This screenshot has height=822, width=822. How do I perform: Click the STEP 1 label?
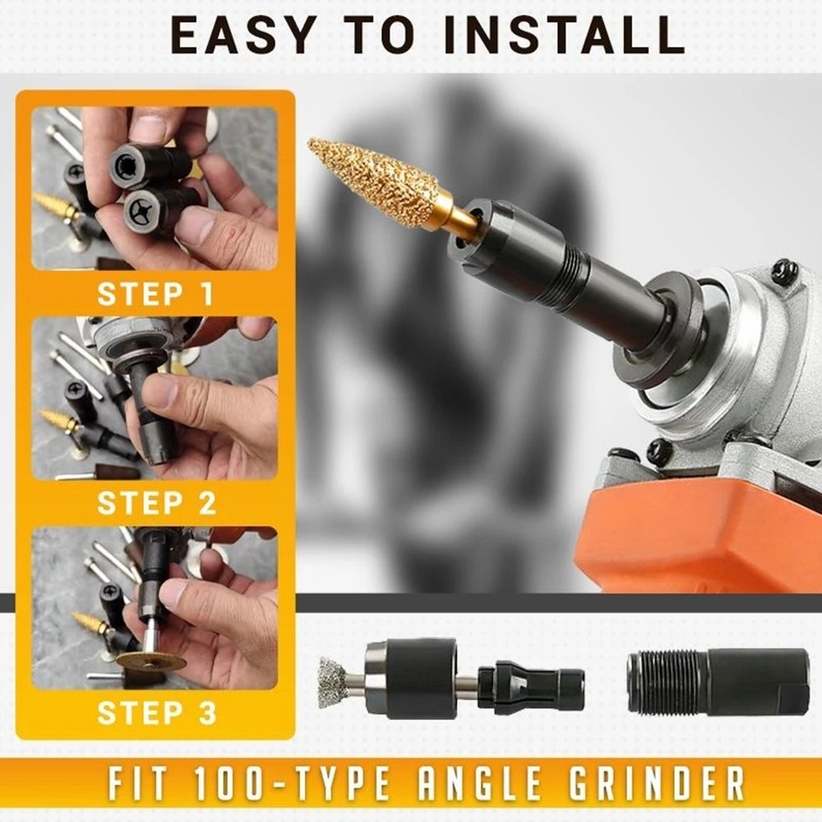(155, 293)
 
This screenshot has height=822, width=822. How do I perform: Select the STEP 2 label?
(156, 503)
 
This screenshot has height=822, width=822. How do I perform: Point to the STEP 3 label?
(156, 713)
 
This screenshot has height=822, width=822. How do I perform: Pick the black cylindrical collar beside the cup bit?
(411, 677)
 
